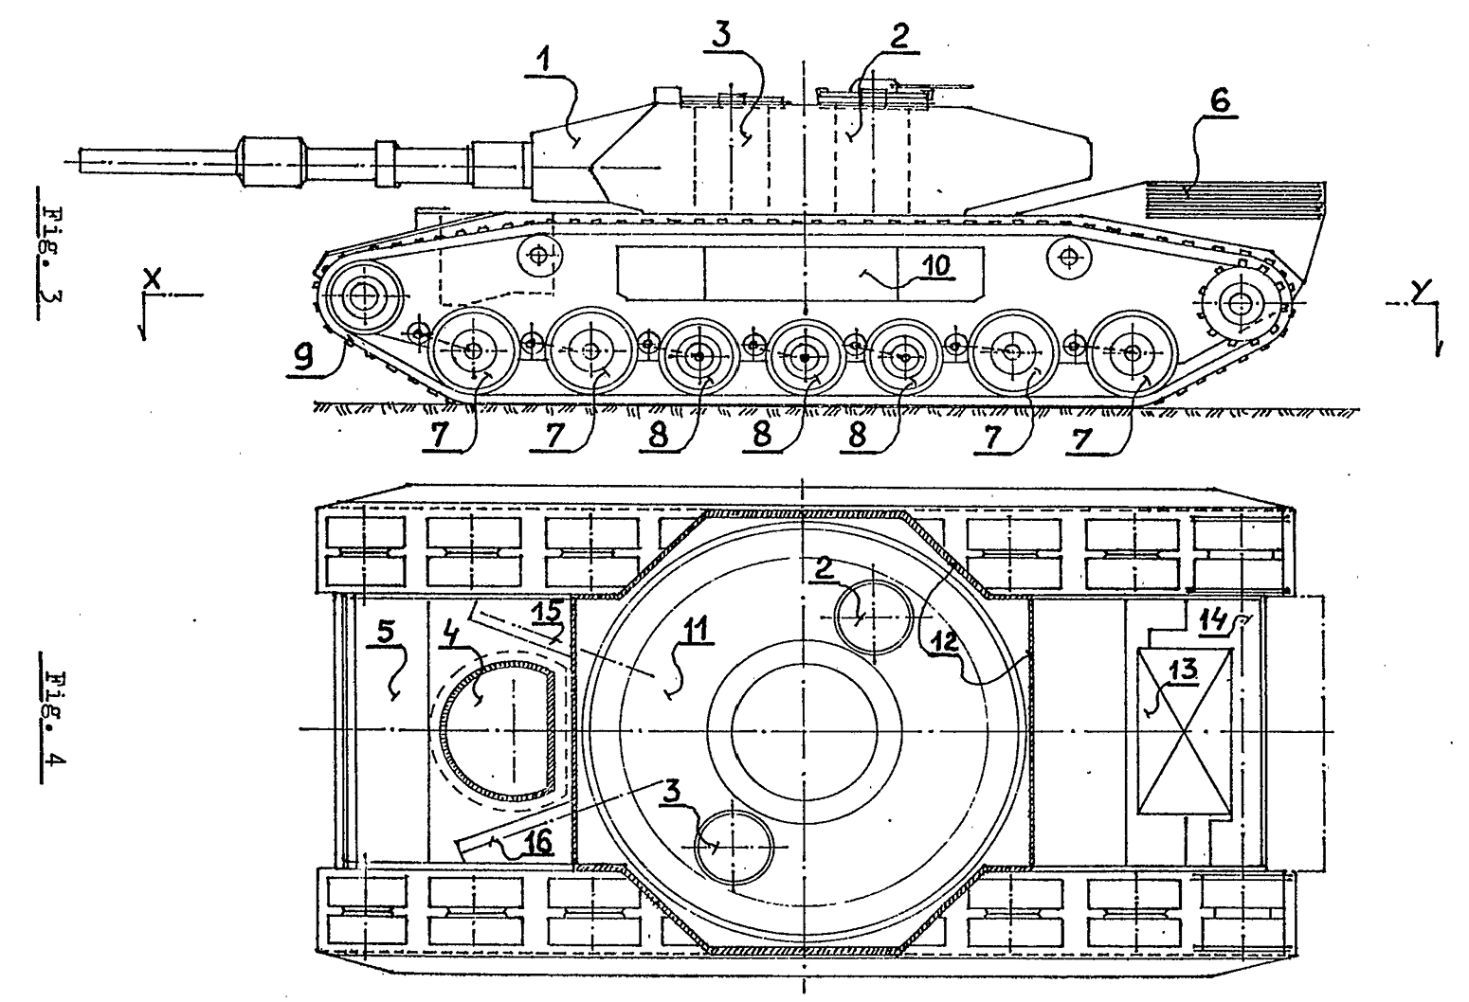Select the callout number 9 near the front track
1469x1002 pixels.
coord(303,358)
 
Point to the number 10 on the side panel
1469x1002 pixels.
coord(936,265)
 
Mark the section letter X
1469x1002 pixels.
coord(153,279)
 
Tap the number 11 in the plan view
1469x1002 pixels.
coord(696,630)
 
